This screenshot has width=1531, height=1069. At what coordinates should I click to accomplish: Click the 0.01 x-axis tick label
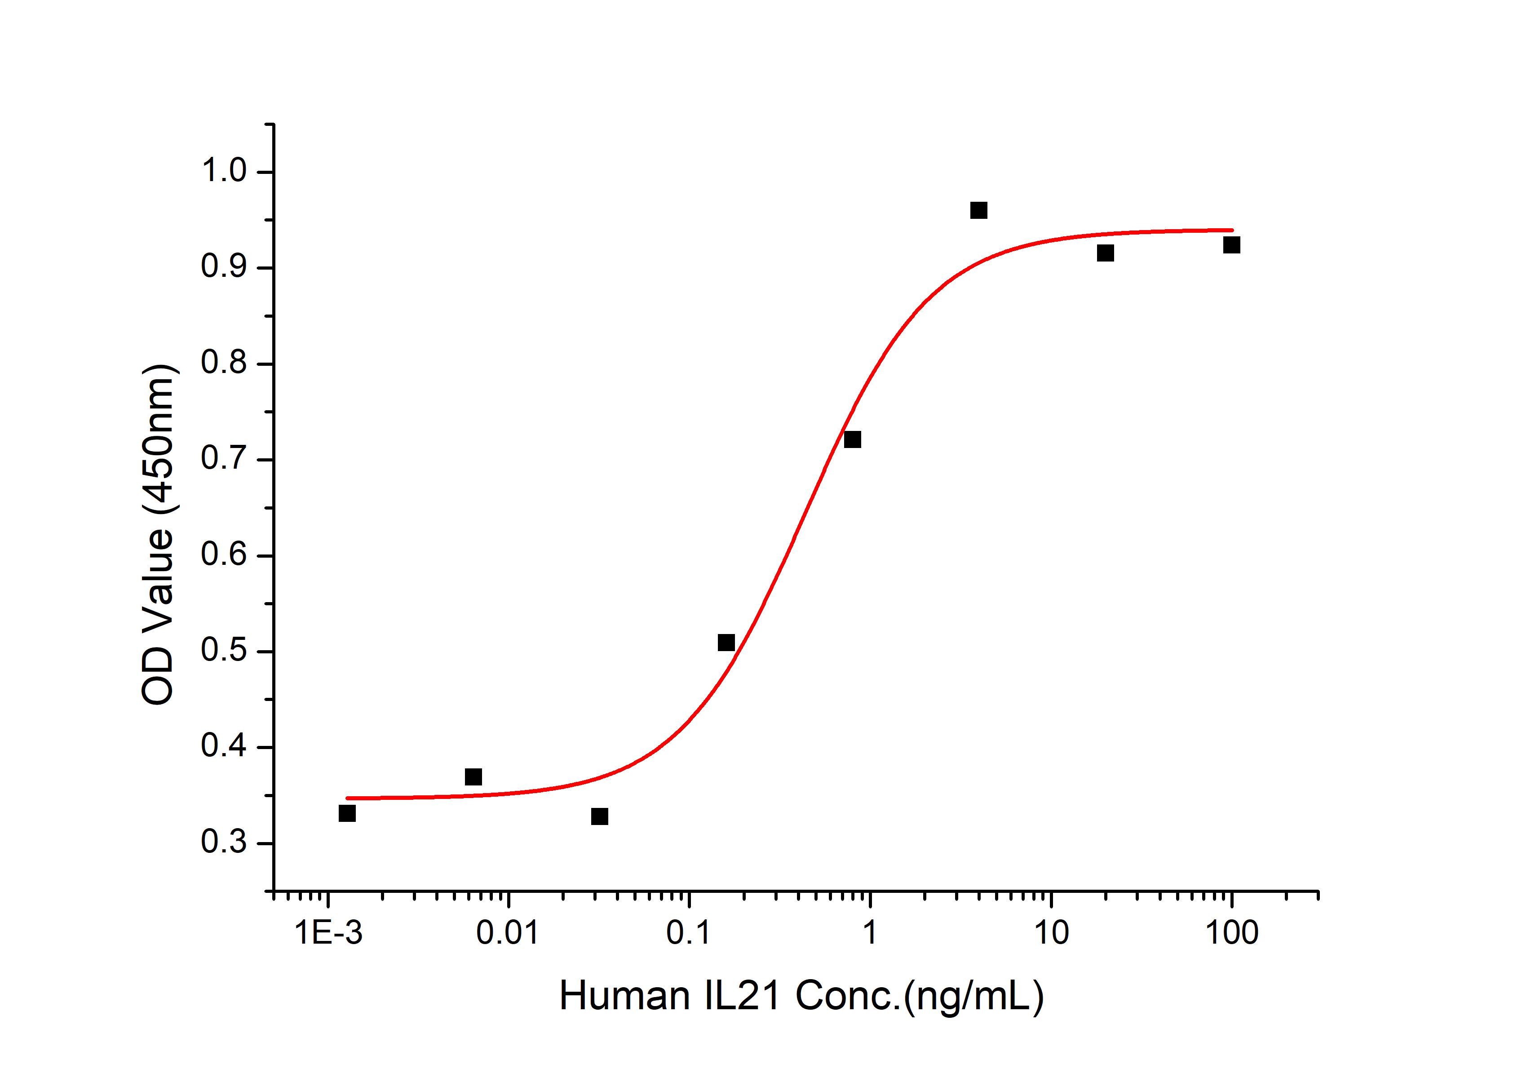[508, 933]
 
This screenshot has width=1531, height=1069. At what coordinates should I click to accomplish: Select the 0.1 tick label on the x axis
[689, 933]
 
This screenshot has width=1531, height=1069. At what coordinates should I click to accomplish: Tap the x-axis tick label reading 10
[1051, 933]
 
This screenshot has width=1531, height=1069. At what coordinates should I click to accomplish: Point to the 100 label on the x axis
[1232, 933]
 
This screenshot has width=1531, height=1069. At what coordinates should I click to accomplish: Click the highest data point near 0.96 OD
[978, 211]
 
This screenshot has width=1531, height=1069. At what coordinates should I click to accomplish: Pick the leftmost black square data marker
[347, 814]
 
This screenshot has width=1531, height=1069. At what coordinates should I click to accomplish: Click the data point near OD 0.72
[852, 439]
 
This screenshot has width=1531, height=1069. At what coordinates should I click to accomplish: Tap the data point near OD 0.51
[726, 643]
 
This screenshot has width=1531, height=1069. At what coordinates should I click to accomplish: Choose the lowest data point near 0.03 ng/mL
[599, 817]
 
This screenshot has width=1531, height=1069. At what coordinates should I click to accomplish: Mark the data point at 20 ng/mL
[1105, 253]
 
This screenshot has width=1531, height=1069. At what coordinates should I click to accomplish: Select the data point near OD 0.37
[473, 777]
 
